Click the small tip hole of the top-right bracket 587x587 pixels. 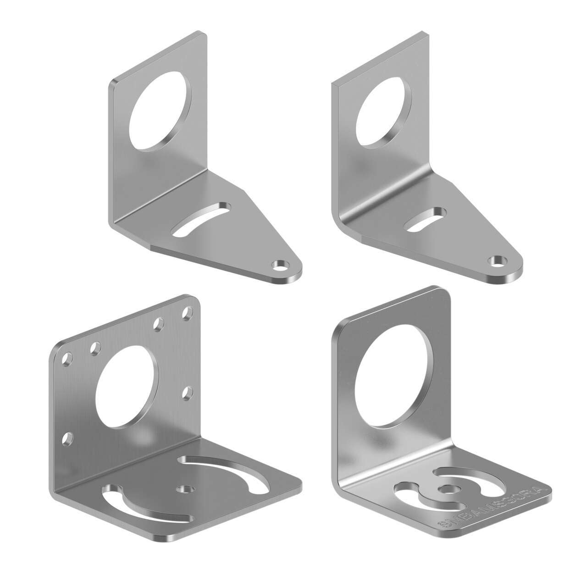coord(497,261)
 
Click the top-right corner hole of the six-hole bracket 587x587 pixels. coord(187,314)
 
